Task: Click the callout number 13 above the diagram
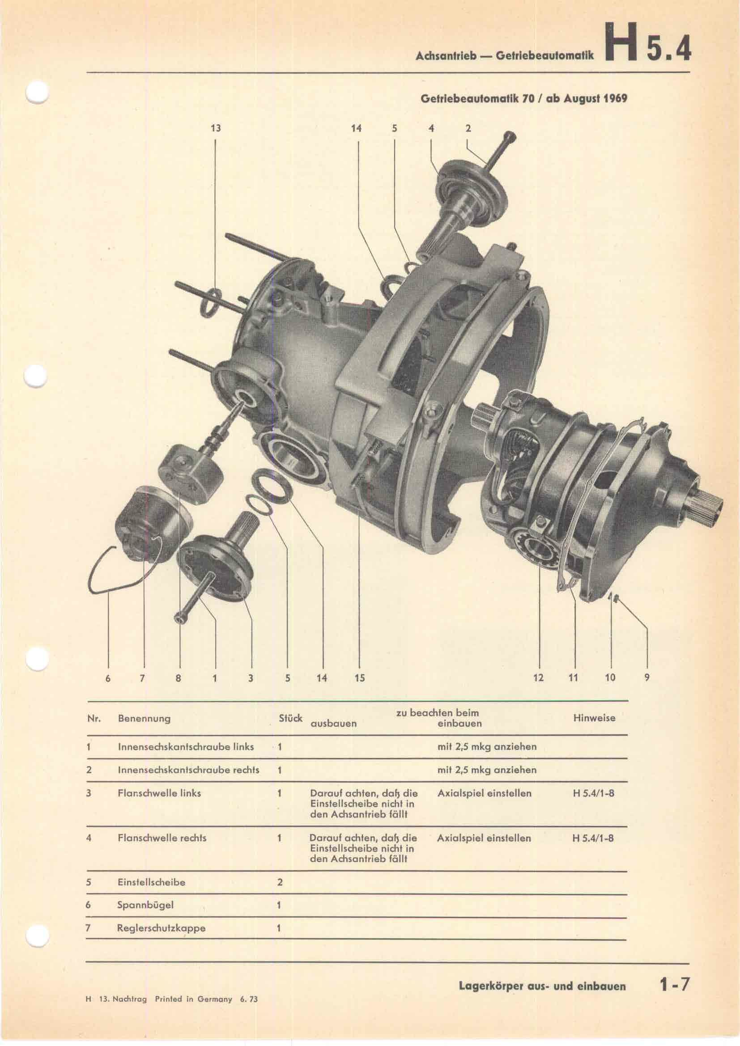pos(216,128)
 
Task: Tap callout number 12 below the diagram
pos(538,678)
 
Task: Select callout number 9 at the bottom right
pos(646,678)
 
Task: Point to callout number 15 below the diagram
pos(360,678)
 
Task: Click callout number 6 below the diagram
pos(108,678)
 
